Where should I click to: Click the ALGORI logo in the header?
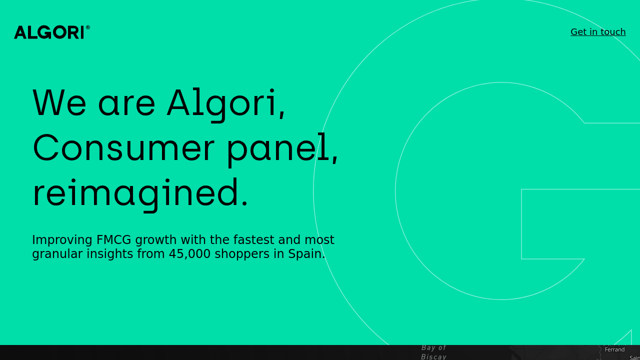[49, 32]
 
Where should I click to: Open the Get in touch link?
[598, 32]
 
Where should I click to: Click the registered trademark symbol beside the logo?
[88, 27]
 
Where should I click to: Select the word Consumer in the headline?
[123, 148]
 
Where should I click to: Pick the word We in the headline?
[59, 103]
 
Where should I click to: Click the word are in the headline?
[126, 103]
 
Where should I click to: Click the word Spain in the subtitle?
[306, 254]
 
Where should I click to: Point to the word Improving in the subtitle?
[62, 240]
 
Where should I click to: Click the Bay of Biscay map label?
[433, 352]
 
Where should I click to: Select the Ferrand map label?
[614, 349]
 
